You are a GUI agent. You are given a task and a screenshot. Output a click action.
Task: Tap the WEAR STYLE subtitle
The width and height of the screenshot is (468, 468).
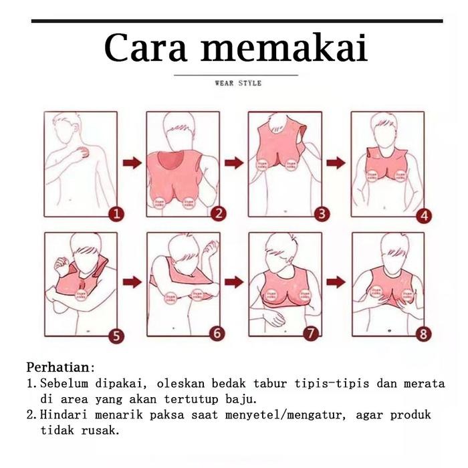coord(238,84)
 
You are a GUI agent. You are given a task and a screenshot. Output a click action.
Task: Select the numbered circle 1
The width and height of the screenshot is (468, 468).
coord(117,214)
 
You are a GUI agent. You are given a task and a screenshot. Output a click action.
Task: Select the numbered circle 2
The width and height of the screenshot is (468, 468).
coord(219,214)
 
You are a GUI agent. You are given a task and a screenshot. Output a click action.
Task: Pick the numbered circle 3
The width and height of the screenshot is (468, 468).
coord(322,214)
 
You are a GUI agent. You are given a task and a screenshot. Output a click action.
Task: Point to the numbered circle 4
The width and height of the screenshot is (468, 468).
coord(425,215)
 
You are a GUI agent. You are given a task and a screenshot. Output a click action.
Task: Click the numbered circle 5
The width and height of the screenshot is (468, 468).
coord(117,336)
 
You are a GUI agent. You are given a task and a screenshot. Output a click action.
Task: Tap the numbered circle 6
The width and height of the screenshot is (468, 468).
coord(219,333)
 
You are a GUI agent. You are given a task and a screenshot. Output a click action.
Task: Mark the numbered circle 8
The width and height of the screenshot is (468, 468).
coord(424,334)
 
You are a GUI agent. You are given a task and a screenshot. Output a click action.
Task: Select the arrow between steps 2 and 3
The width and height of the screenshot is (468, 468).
coord(233,163)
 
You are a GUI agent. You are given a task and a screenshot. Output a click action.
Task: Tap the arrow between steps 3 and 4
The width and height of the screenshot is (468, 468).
coord(336,162)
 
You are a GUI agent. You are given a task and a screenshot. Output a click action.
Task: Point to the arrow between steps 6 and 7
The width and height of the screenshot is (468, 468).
coord(233,282)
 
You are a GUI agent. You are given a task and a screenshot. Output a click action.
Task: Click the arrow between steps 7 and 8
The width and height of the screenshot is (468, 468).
coord(336,282)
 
